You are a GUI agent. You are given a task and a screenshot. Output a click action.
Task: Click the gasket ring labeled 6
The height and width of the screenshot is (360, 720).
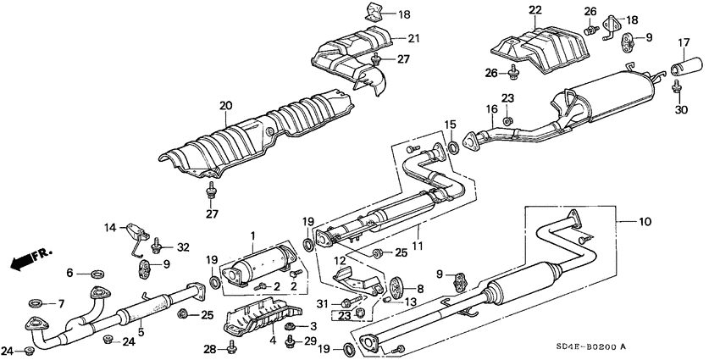(x=97, y=273)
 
